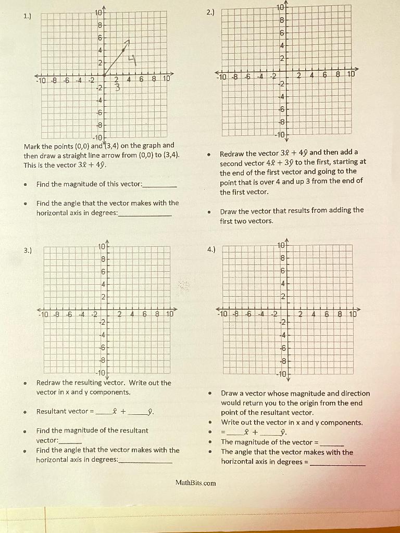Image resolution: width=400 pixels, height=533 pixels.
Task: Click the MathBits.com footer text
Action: pos(195,483)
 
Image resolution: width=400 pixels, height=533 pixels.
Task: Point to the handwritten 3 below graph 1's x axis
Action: pos(117,87)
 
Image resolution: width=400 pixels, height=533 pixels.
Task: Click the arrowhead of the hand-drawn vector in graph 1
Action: pos(128,42)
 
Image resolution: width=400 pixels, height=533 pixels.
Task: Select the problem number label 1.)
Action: pos(27,16)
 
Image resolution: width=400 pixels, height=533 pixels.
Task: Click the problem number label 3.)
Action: pos(27,250)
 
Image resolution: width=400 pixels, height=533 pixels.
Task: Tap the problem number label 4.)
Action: pos(211,249)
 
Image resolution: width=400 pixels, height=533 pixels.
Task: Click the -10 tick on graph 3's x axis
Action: pos(44,314)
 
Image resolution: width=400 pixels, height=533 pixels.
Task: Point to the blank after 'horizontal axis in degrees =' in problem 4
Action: pos(337,462)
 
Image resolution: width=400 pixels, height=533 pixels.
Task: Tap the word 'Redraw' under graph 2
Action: pos(233,154)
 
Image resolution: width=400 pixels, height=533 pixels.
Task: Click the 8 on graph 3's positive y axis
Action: pos(103,259)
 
